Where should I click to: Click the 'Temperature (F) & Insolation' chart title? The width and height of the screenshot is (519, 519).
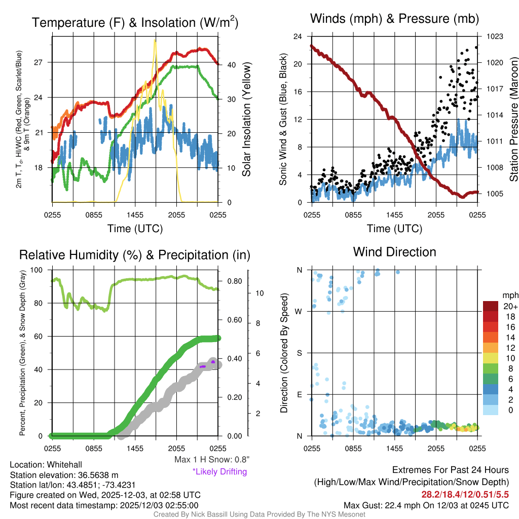pos(135,22)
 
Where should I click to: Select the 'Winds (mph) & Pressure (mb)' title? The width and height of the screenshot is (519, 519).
pos(394,19)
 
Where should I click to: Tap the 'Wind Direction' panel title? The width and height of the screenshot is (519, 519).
pos(394,251)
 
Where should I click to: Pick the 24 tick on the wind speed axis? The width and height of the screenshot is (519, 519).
pos(298,36)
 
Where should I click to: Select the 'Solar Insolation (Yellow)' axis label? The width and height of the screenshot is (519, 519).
pos(247,120)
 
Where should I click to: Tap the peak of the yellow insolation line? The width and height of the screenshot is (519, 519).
pos(155,41)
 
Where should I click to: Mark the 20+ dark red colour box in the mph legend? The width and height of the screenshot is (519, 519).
pos(491,306)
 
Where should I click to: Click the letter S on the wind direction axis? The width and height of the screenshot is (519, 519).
pos(299,353)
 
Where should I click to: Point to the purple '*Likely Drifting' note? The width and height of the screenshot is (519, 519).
pos(219,472)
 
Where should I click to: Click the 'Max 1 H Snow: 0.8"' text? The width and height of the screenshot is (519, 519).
pos(212,460)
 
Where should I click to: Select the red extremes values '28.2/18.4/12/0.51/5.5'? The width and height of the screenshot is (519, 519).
pos(464,494)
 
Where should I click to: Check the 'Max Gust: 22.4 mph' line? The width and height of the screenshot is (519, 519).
pos(426,505)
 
